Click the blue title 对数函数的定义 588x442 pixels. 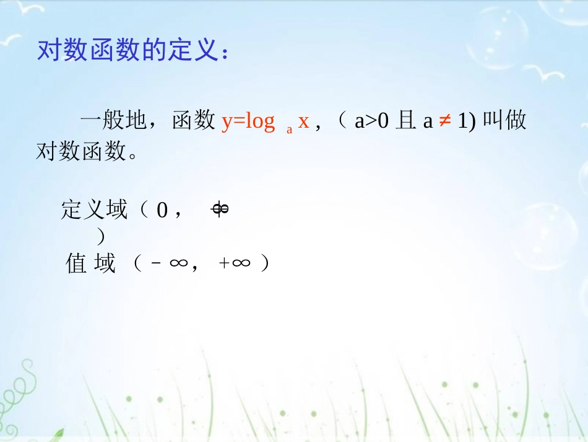[133, 51]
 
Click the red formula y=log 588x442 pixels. [248, 121]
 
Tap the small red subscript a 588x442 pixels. [289, 130]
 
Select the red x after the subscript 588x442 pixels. [303, 121]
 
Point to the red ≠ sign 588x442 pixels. [444, 122]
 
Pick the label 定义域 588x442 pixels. [94, 211]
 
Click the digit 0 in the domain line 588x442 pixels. [162, 211]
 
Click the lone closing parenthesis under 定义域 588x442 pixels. [101, 236]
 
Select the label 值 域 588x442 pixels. [91, 264]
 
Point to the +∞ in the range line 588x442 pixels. [235, 264]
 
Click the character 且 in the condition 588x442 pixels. [405, 122]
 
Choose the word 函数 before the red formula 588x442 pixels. [194, 122]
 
